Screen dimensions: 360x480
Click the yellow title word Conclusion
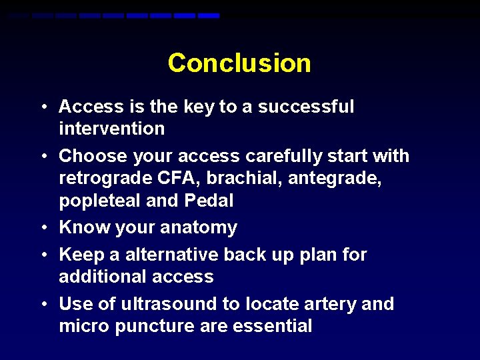click(x=239, y=63)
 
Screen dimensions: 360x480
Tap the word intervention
click(x=111, y=128)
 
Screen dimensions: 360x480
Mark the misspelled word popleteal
click(x=100, y=201)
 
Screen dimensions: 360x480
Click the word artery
click(x=326, y=304)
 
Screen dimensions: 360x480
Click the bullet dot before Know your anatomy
click(x=43, y=228)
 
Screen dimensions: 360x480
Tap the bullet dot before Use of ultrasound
click(x=43, y=305)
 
